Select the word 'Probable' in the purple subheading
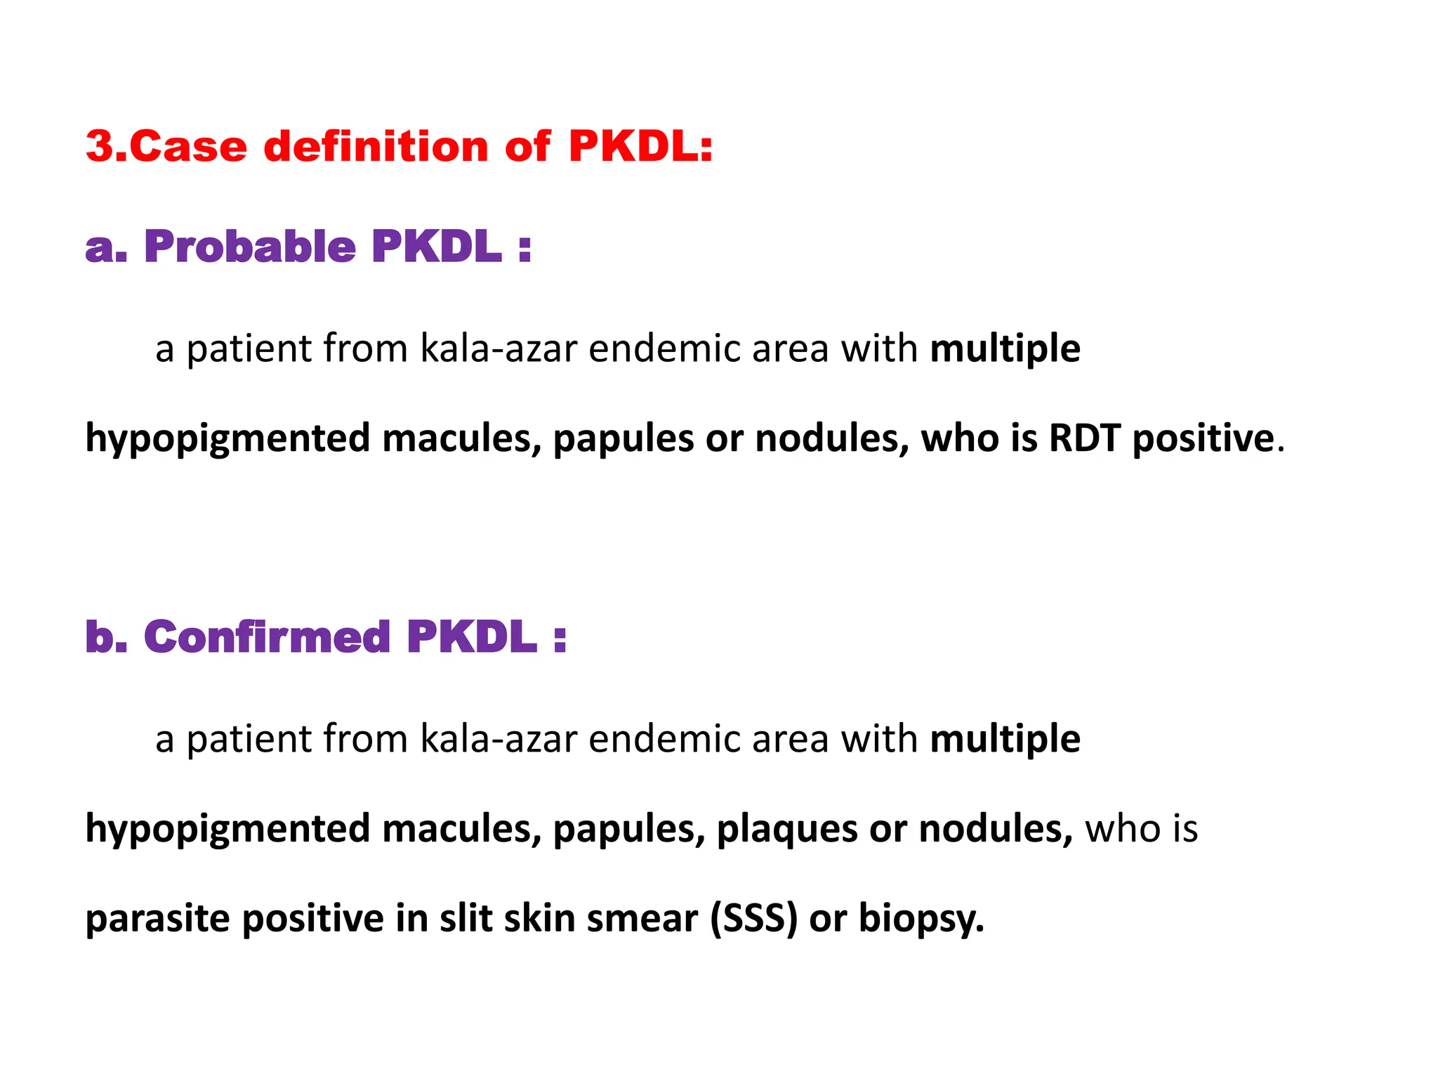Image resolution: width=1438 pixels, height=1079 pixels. point(250,247)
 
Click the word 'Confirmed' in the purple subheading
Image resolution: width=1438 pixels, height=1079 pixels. point(267,636)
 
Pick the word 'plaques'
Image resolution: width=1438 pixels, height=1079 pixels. point(787,829)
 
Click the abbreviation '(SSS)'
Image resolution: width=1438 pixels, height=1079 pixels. point(753,919)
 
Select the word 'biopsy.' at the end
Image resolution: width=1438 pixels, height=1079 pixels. point(921,919)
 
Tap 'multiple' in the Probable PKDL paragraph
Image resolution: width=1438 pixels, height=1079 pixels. point(1005,349)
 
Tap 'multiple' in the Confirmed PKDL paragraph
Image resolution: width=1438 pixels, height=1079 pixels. point(1005,739)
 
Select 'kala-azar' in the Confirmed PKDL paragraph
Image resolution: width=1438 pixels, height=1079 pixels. point(499,739)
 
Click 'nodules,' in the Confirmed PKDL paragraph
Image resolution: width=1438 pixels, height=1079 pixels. point(996,829)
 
